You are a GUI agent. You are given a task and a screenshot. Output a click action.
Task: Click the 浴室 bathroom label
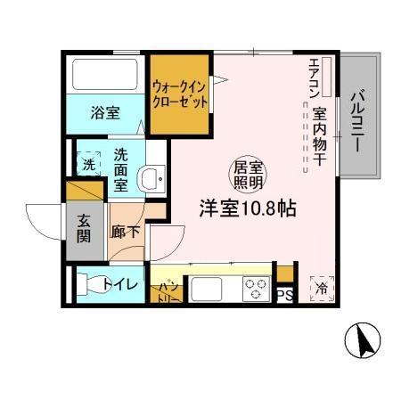(105, 112)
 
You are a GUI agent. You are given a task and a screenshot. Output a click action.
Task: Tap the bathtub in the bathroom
(104, 78)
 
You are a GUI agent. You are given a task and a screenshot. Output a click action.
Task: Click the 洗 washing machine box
(88, 164)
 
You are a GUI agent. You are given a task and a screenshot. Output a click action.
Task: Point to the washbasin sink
(151, 177)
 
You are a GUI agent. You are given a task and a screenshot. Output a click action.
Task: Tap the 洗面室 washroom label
(119, 169)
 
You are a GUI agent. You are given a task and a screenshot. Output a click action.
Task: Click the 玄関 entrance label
(81, 229)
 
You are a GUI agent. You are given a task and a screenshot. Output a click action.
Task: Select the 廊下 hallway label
(123, 230)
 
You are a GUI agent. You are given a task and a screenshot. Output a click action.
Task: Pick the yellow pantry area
(168, 290)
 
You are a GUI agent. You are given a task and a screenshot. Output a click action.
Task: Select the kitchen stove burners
(257, 289)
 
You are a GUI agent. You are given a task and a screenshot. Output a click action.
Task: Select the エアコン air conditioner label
(315, 79)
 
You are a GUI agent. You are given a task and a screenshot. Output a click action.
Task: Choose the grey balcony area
(359, 120)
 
